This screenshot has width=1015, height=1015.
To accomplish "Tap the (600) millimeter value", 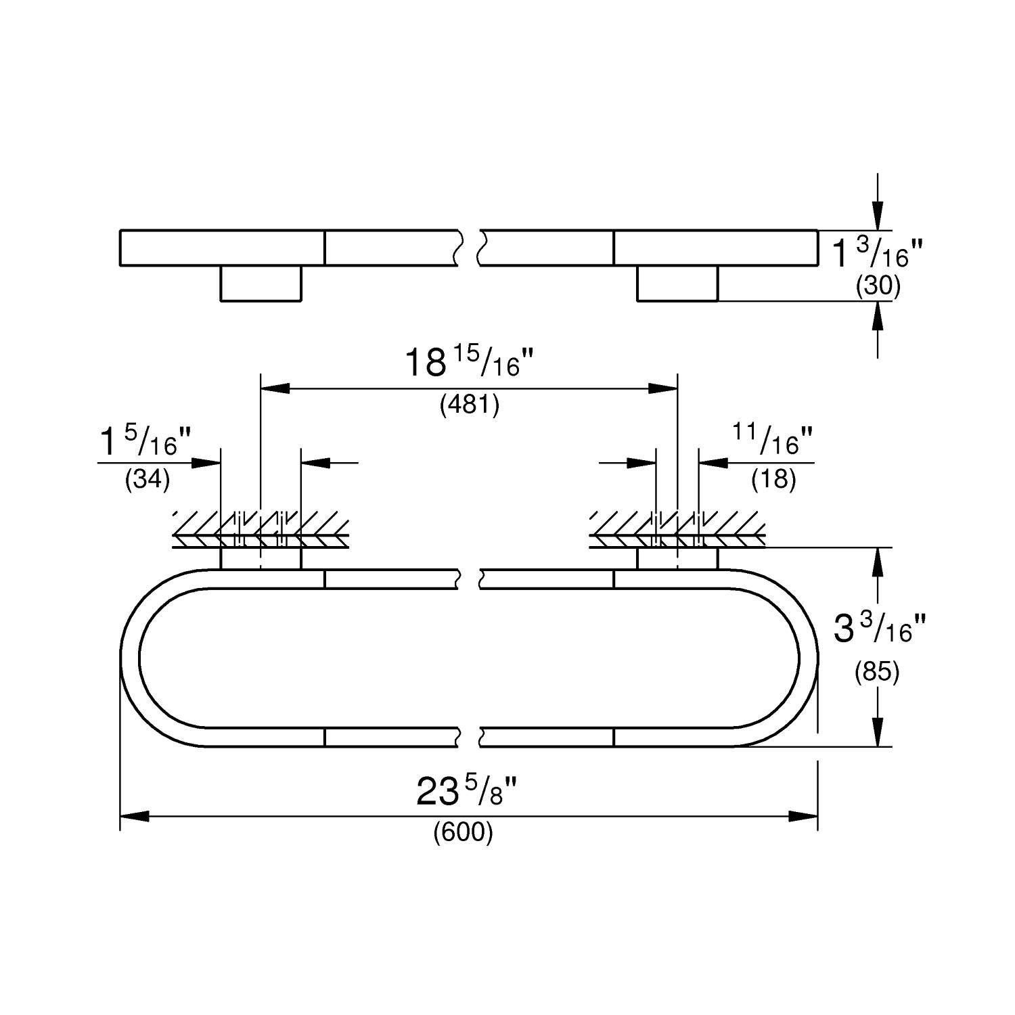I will (x=464, y=833).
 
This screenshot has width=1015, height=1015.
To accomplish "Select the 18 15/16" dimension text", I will (x=470, y=363).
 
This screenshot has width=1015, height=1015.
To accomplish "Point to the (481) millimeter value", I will (x=470, y=405).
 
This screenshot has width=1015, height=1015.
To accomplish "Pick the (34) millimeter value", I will (x=148, y=480).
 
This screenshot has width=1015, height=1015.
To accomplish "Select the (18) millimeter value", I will (x=773, y=480).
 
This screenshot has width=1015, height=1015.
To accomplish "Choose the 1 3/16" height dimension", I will (x=877, y=254).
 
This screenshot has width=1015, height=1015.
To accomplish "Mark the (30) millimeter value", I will (x=878, y=288).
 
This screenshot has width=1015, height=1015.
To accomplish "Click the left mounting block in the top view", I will (x=261, y=284).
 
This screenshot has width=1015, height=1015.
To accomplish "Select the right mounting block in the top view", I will (x=677, y=284).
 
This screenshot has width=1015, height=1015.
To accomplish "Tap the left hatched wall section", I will (x=261, y=528).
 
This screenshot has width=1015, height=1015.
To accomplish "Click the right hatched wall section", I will (x=677, y=528).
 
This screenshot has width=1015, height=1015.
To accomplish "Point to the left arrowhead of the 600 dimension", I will (x=134, y=817).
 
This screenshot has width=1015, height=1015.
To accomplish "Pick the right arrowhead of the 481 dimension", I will (x=664, y=388).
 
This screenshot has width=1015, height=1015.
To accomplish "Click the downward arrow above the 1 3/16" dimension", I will (x=878, y=217).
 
